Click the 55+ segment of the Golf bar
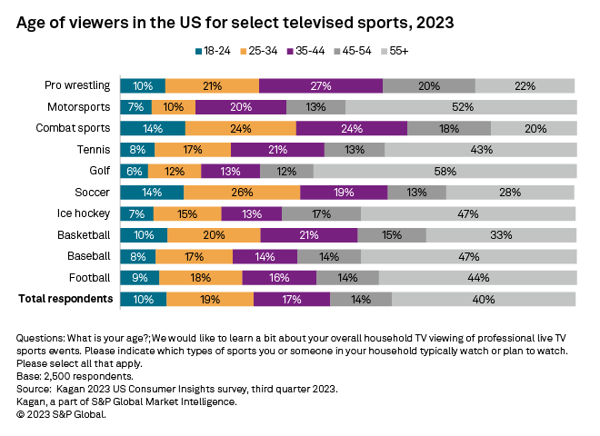coord(445,171)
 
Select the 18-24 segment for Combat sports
coord(153,128)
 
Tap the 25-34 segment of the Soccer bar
coord(242,192)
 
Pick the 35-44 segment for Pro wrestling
coord(320,85)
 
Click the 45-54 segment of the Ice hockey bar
coord(321,213)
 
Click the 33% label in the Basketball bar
coord(501,234)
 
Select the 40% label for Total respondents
coord(484,299)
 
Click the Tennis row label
coord(94,149)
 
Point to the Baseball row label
coord(89,256)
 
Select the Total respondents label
coord(65,299)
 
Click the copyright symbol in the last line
coord(21,413)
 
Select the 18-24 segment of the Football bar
coord(140,277)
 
